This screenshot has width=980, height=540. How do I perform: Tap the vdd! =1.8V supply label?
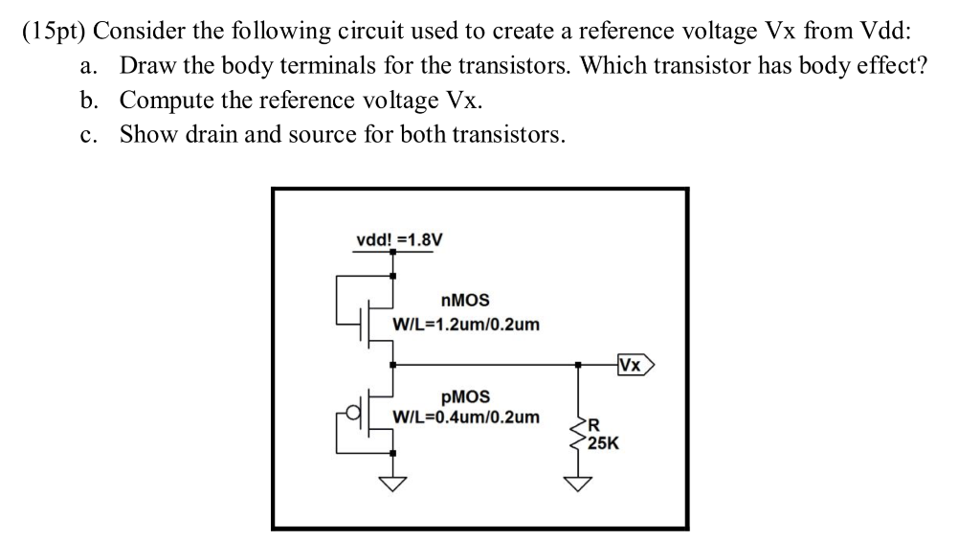click(399, 239)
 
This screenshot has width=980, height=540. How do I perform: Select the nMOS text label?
click(465, 301)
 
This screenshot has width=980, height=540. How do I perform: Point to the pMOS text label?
click(465, 395)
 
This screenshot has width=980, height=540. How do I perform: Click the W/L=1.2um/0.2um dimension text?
click(466, 325)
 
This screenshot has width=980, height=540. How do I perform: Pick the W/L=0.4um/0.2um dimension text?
click(466, 417)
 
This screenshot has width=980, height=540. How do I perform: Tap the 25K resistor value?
click(603, 444)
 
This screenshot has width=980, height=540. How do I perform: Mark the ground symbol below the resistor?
click(577, 483)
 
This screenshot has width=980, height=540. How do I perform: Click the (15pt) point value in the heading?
click(54, 30)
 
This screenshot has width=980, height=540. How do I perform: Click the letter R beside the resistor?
click(593, 427)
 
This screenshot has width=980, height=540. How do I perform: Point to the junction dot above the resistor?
click(577, 365)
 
